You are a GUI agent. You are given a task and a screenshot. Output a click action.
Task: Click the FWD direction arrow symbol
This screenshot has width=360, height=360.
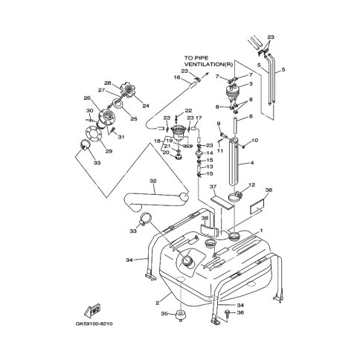93,309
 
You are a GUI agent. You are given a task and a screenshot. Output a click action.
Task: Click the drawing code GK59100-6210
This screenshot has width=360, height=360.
94,324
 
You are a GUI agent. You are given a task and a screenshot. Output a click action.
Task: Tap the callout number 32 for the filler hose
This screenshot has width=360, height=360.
153,181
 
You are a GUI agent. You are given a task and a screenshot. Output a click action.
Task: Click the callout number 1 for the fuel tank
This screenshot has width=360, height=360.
261,231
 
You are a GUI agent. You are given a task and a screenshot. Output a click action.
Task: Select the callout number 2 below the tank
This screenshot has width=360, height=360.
157,303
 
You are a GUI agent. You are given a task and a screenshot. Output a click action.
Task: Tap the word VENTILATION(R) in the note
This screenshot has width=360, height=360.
208,65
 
